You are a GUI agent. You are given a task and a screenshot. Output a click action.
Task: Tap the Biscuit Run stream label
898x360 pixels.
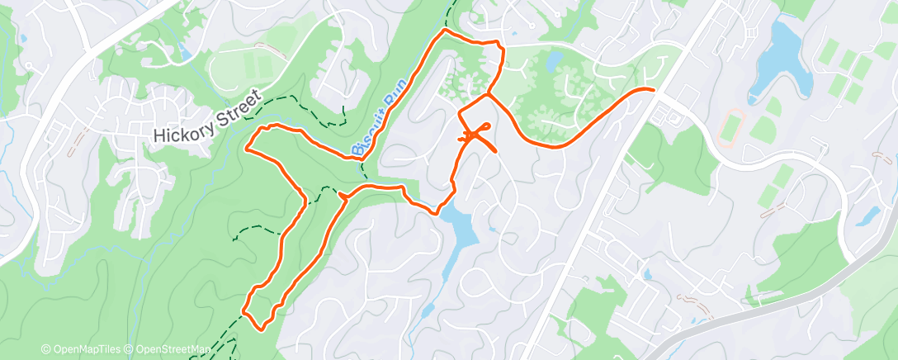(x=374, y=124)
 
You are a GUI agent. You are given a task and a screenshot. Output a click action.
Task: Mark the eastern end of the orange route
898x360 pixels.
(x=654, y=88)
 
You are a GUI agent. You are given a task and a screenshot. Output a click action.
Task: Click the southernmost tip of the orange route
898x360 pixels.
(x=261, y=329)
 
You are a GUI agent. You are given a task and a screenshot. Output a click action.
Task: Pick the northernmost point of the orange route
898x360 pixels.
(x=446, y=30)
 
